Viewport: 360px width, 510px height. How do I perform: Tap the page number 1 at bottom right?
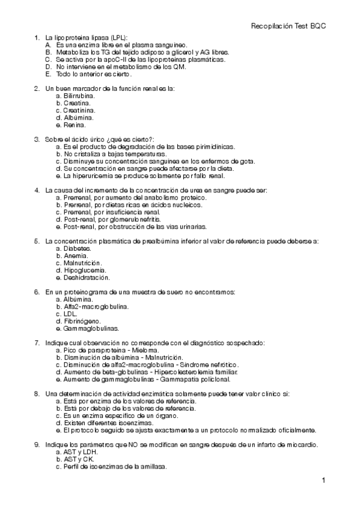[x=323, y=481]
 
